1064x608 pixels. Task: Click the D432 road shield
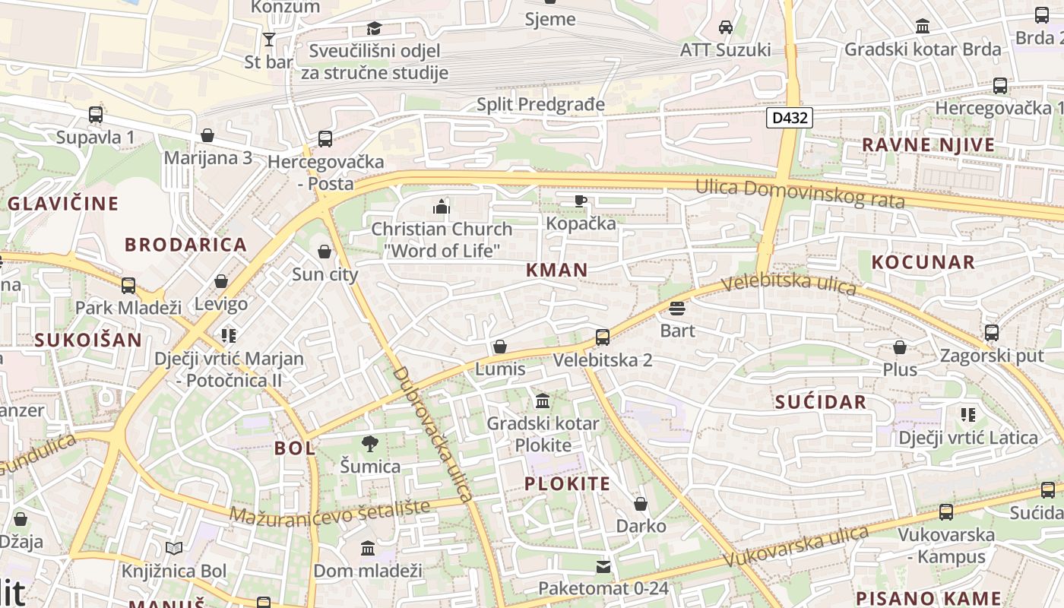pyautogui.click(x=790, y=118)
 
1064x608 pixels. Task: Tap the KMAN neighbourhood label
pyautogui.click(x=557, y=270)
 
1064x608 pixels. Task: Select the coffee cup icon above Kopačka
pyautogui.click(x=581, y=201)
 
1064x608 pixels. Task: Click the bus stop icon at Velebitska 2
pyautogui.click(x=603, y=337)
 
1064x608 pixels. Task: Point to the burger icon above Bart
pyautogui.click(x=677, y=309)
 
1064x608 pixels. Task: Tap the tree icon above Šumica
pyautogui.click(x=370, y=443)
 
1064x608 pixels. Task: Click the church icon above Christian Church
pyautogui.click(x=442, y=206)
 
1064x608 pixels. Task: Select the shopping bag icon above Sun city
pyautogui.click(x=325, y=252)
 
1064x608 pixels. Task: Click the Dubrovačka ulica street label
pyautogui.click(x=433, y=435)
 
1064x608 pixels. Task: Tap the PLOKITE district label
pyautogui.click(x=568, y=484)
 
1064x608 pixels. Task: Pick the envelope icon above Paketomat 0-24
pyautogui.click(x=603, y=566)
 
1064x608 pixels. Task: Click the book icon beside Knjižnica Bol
pyautogui.click(x=174, y=548)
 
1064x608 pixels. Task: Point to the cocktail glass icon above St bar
pyautogui.click(x=268, y=40)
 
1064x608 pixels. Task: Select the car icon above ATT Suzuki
pyautogui.click(x=726, y=27)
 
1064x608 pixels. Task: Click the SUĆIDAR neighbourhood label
pyautogui.click(x=821, y=403)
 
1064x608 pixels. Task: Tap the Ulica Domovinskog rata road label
pyautogui.click(x=800, y=193)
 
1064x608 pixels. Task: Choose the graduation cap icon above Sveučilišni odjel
pyautogui.click(x=374, y=29)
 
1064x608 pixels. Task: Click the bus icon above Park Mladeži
pyautogui.click(x=128, y=286)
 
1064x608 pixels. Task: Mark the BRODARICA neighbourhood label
pyautogui.click(x=186, y=245)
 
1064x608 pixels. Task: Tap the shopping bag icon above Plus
pyautogui.click(x=900, y=347)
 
